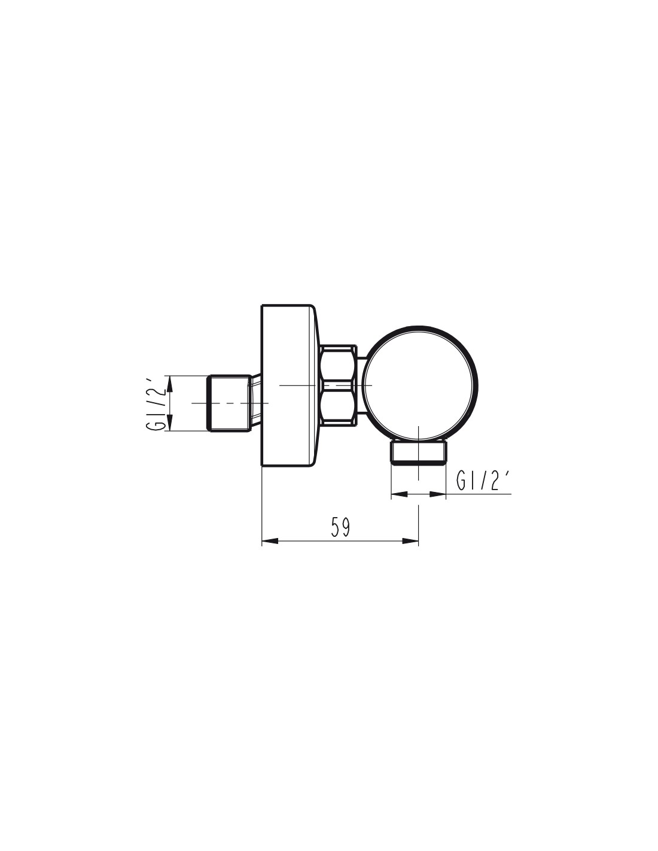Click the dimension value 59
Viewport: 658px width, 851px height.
340,527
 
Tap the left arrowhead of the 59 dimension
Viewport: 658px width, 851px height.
270,541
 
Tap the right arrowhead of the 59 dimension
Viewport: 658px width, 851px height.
410,541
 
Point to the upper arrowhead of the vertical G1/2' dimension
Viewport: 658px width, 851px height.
169,384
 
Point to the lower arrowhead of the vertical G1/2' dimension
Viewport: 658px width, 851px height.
169,423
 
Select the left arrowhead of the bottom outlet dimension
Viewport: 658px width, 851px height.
399,494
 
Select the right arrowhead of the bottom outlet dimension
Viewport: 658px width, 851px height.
438,494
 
